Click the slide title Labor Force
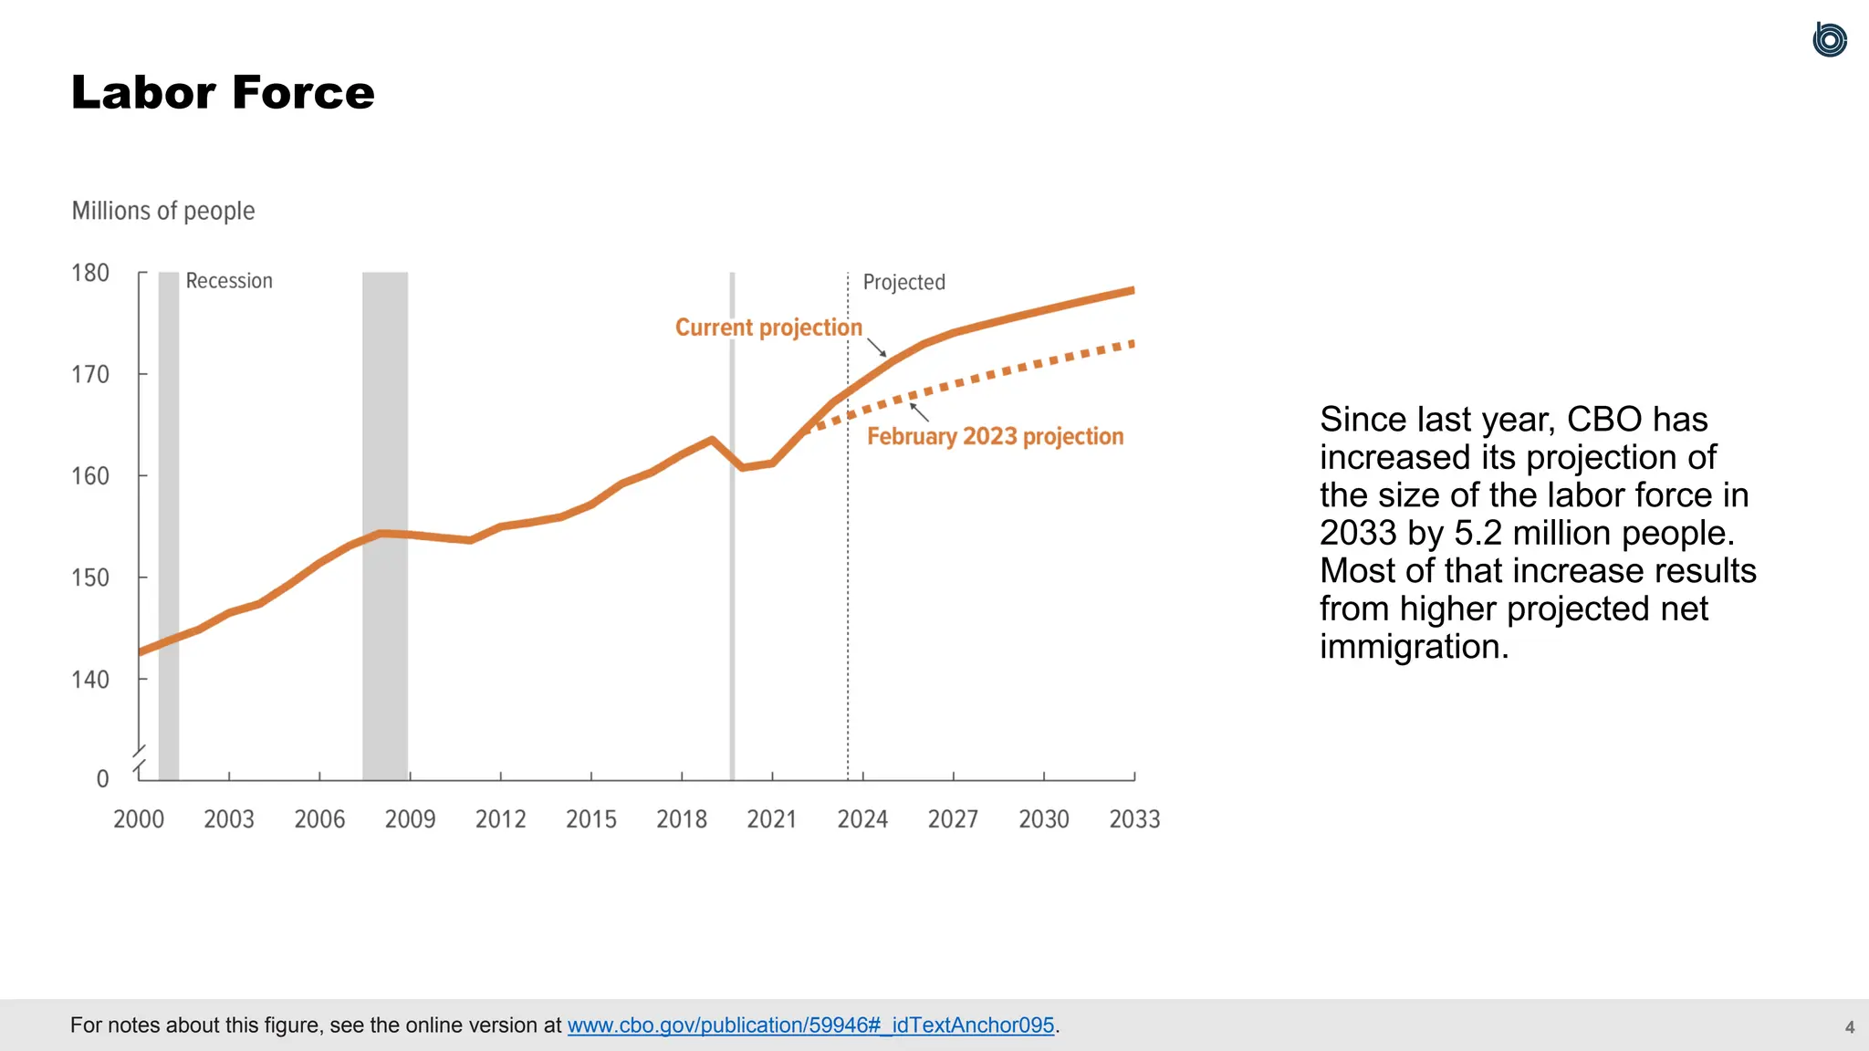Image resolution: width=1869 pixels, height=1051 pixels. click(223, 92)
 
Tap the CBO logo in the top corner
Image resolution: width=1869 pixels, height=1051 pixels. click(1829, 40)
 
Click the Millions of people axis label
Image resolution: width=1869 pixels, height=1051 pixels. click(163, 211)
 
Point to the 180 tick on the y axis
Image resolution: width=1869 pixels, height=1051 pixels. click(90, 273)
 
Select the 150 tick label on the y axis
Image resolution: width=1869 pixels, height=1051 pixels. click(90, 578)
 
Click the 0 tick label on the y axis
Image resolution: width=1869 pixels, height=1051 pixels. click(102, 778)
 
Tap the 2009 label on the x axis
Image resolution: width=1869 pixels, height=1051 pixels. click(410, 819)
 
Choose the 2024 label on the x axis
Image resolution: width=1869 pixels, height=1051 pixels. click(862, 819)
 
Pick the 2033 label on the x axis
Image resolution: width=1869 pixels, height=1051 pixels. click(1134, 819)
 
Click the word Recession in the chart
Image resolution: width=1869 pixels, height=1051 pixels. click(229, 281)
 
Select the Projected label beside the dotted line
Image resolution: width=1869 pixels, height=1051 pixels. click(903, 282)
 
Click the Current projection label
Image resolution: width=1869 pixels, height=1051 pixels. click(768, 328)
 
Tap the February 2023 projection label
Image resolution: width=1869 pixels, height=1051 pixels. click(995, 436)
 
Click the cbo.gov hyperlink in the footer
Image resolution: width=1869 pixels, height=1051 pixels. click(810, 1025)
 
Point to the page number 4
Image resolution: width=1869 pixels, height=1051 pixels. click(1850, 1027)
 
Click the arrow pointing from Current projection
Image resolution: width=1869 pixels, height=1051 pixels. click(876, 347)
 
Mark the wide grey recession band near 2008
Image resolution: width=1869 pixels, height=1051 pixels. click(385, 525)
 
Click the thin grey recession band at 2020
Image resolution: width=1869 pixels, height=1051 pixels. click(732, 525)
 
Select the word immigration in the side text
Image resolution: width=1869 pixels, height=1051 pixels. click(1414, 647)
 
